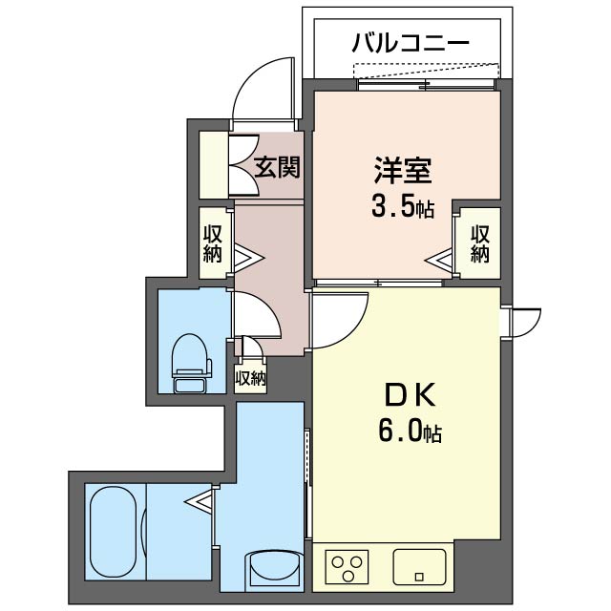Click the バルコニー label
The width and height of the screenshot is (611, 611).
click(x=410, y=42)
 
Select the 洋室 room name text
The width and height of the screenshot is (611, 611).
click(x=402, y=171)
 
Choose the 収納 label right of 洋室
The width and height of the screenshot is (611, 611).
click(x=479, y=242)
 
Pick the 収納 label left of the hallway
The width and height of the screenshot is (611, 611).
click(x=212, y=242)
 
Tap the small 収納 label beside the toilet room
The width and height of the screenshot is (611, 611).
click(x=250, y=378)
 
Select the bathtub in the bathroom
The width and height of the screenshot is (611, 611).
click(x=115, y=530)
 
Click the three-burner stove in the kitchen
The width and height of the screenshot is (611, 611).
click(x=349, y=569)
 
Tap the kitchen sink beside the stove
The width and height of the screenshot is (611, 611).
click(x=421, y=567)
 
